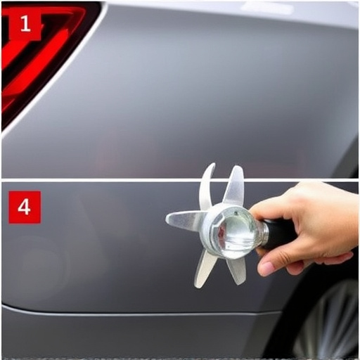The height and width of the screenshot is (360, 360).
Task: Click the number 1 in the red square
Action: pyautogui.click(x=25, y=25)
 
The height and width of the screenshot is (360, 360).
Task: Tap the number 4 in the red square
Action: pyautogui.click(x=25, y=207)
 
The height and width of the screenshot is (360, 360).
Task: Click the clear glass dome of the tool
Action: pyautogui.click(x=234, y=231)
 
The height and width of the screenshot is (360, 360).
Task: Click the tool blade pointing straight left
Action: pyautogui.click(x=184, y=221)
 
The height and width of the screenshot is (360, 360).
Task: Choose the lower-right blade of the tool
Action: pyautogui.click(x=236, y=270)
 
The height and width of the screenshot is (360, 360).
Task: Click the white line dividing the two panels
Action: pyautogui.click(x=105, y=179)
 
